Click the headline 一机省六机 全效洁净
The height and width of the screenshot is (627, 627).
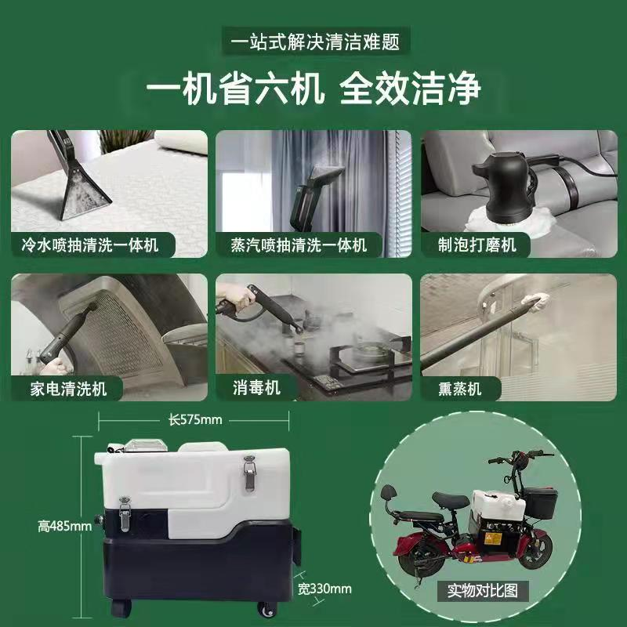[x=313, y=88]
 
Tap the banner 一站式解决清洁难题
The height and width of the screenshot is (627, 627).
[x=316, y=42]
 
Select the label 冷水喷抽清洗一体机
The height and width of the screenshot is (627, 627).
[x=90, y=245]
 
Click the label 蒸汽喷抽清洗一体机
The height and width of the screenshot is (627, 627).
[x=299, y=245]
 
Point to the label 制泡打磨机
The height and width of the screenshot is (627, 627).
[x=477, y=245]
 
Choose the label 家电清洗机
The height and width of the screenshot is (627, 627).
[x=68, y=389]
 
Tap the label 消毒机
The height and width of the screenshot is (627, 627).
[x=256, y=388]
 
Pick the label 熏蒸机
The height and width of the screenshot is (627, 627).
[x=460, y=389]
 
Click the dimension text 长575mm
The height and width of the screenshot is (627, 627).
[x=194, y=420]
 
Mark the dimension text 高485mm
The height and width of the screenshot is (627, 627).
[x=65, y=526]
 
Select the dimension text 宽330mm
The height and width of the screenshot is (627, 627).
[x=324, y=589]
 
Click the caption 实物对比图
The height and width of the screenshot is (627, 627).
[x=483, y=590]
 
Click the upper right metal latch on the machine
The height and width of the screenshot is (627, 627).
[x=249, y=473]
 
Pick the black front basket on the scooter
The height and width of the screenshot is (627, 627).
[x=540, y=502]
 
